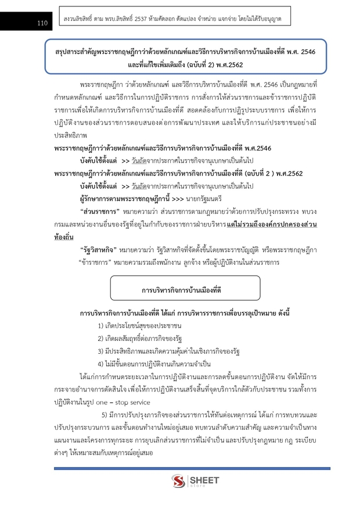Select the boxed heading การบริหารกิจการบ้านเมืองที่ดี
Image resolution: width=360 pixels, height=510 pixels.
coord(182,289)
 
